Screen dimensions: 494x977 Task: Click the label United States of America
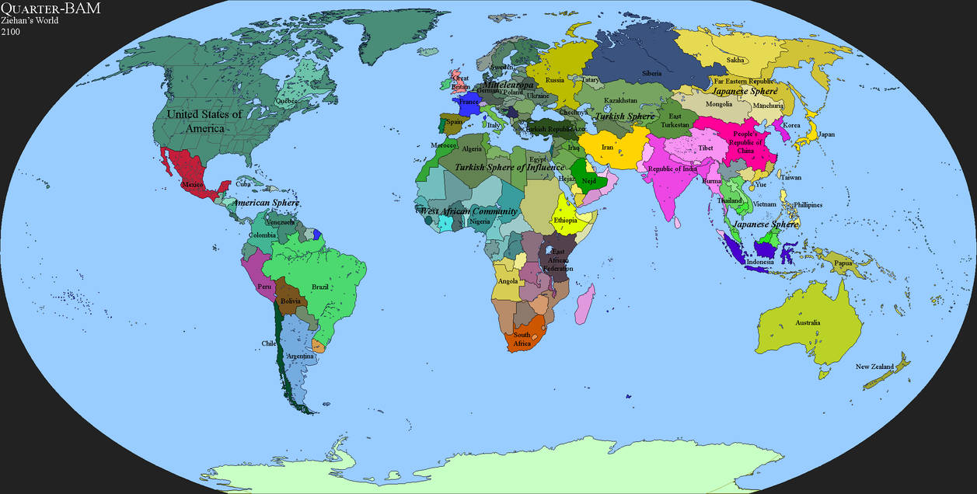pyautogui.click(x=205, y=120)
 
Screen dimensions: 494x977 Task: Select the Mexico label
pyautogui.click(x=192, y=184)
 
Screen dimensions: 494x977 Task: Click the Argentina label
pyautogui.click(x=300, y=357)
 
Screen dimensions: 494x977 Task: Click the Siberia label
pyautogui.click(x=652, y=75)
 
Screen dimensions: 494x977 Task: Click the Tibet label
pyautogui.click(x=706, y=148)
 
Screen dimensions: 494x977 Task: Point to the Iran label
pyautogui.click(x=607, y=148)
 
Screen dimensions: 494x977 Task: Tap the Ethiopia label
pyautogui.click(x=565, y=221)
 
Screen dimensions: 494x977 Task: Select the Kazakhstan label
pyautogui.click(x=621, y=101)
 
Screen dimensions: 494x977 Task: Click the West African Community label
pyautogui.click(x=469, y=211)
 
